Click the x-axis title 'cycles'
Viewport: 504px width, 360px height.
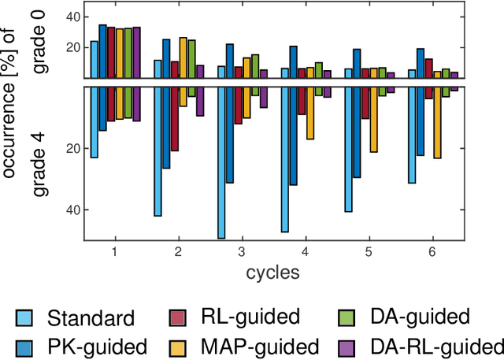271,273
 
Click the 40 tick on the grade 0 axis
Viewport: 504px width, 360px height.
72,17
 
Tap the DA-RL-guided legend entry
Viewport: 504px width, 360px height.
435,346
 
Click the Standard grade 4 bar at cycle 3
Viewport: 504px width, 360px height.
221,162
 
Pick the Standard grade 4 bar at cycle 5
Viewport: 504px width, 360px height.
348,149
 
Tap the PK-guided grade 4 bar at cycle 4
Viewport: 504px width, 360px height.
293,135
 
